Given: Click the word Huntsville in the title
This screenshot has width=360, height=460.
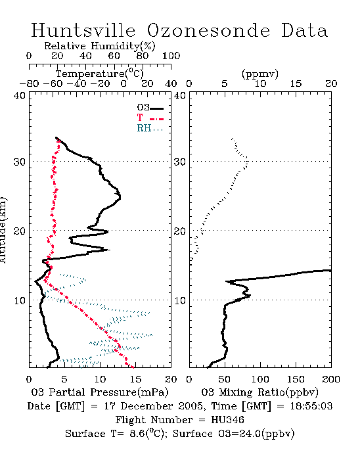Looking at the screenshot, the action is (83, 30).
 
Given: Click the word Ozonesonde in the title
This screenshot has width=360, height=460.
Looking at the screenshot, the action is (208, 30).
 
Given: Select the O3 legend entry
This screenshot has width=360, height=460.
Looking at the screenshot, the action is (150, 108).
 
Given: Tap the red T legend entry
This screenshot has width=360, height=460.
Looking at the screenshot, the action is (150, 118).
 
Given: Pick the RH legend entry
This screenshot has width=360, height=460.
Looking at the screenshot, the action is (150, 128).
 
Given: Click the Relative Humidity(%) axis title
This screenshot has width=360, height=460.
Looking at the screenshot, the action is (100, 46).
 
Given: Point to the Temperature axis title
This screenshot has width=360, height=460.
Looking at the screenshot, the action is (100, 74).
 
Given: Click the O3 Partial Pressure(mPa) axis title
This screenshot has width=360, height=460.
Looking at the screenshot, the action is (100, 392).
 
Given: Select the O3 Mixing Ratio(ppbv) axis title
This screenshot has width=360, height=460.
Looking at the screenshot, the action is (259, 392).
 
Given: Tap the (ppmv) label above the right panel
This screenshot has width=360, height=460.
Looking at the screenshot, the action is (260, 74).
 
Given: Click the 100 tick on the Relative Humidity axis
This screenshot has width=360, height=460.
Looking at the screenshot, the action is (171, 56).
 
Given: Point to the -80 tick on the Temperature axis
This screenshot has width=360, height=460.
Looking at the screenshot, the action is (29, 84).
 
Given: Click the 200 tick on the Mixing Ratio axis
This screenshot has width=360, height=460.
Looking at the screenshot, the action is (331, 379).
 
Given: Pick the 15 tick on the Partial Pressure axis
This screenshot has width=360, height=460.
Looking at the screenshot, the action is (135, 379).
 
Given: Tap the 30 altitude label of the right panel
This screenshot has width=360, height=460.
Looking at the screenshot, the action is (180, 162).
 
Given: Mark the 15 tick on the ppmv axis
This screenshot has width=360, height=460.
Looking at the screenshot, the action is (296, 84).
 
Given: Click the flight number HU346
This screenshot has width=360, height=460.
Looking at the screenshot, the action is (227, 420).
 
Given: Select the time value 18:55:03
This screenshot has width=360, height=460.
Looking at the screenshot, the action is (311, 406).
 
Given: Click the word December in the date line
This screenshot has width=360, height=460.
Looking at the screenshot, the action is (161, 406).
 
